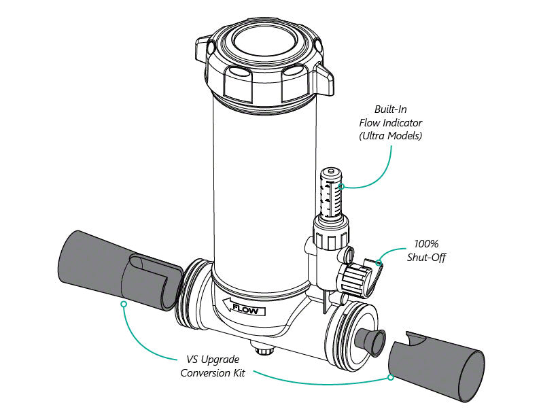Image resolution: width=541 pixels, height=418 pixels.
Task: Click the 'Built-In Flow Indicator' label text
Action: click(390, 122)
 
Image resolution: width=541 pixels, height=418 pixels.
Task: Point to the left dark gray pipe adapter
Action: click(119, 268)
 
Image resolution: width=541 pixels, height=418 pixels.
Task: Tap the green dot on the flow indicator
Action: click(342, 186)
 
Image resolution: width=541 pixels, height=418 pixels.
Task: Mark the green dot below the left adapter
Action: click(123, 304)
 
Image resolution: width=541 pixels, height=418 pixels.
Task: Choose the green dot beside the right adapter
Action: click(390, 377)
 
